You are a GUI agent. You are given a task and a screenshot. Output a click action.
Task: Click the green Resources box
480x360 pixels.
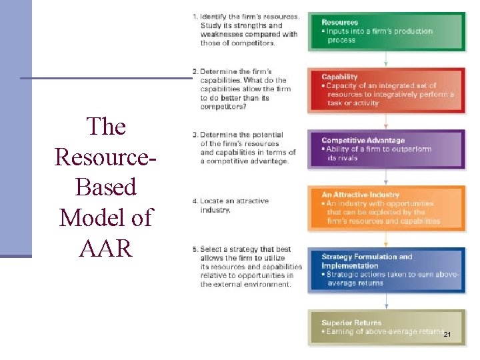tap(387, 31)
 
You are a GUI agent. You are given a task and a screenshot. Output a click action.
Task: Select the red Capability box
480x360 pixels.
tap(387, 90)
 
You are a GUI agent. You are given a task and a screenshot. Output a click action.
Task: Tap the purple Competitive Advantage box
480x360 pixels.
tap(387, 149)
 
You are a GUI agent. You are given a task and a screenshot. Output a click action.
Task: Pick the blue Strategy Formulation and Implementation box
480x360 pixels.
tap(387, 269)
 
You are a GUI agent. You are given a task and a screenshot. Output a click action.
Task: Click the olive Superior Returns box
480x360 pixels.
tap(387, 327)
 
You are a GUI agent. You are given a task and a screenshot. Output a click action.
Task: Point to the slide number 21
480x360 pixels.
tap(447, 333)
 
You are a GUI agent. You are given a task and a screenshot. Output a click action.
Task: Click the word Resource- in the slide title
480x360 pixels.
tap(106, 157)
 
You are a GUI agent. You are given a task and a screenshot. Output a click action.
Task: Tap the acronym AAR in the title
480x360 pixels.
tap(106, 247)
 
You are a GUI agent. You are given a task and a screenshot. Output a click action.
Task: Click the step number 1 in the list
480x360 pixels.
tap(194, 17)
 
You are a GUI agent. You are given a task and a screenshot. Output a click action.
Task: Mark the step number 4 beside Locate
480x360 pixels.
tap(194, 201)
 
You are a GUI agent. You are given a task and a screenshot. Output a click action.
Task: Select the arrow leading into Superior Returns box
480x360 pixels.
tap(387, 303)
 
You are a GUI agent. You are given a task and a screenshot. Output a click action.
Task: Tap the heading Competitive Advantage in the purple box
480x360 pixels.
tap(363, 141)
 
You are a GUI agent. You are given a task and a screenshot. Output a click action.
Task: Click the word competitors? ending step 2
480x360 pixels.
tap(223, 106)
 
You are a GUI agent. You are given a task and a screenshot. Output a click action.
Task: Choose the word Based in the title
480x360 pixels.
tap(106, 187)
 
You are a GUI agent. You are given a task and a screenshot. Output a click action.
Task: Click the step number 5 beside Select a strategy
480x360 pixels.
tap(195, 249)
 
